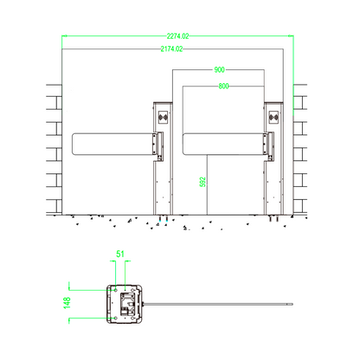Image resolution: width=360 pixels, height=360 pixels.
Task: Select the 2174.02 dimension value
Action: click(x=172, y=50)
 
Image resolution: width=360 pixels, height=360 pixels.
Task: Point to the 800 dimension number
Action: click(x=224, y=87)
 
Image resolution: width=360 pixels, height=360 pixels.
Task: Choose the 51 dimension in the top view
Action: click(x=120, y=254)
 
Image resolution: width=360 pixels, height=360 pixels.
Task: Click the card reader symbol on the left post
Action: click(x=162, y=116)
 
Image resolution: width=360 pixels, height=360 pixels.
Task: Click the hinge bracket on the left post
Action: click(x=158, y=146)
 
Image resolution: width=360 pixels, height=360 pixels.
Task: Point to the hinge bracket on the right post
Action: click(x=271, y=146)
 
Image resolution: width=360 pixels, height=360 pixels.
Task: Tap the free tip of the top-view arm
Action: click(x=293, y=304)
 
